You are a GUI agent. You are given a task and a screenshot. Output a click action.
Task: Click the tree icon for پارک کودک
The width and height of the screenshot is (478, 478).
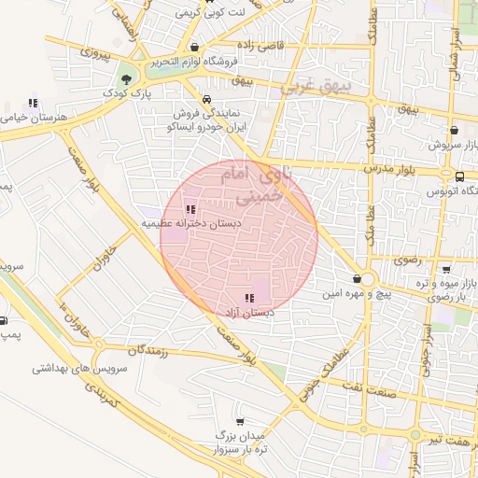point(126,79)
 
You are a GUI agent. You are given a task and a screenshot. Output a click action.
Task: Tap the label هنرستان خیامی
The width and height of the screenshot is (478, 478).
point(28,118)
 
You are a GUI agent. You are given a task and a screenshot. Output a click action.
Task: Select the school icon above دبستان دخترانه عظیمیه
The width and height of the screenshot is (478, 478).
point(191,210)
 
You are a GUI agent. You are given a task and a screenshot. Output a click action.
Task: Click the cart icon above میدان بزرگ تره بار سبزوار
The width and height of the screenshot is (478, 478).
point(240,422)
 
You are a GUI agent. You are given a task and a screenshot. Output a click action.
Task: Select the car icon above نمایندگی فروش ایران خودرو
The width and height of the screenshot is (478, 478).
point(205,99)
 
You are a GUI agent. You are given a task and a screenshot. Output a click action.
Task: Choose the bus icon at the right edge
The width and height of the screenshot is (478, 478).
point(459,176)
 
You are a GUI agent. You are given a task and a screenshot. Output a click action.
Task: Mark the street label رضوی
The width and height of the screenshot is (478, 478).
point(407,260)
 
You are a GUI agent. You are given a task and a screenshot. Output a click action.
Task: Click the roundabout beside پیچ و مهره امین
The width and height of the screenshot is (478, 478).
point(367,279)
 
